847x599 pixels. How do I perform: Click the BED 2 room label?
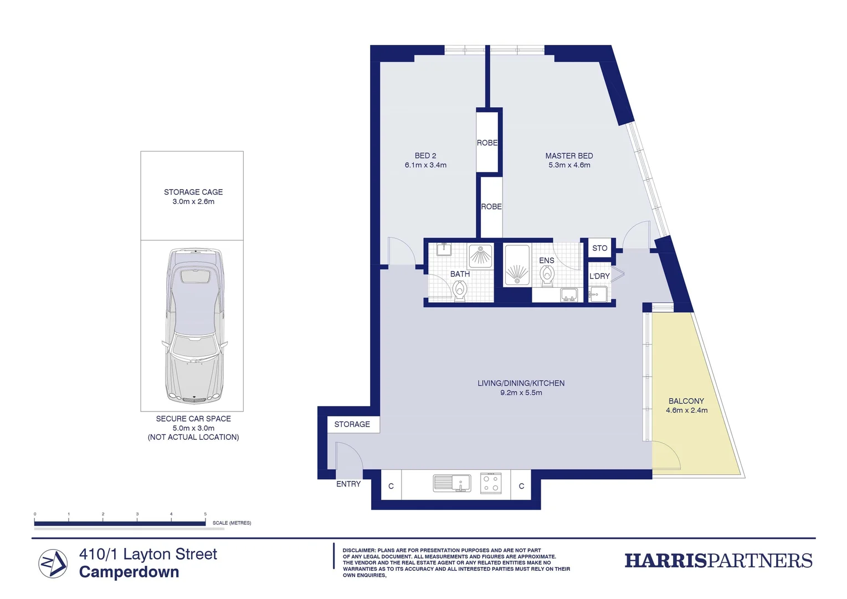(425, 156)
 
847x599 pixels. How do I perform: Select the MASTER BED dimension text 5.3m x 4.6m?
(569, 165)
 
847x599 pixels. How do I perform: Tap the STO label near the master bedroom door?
(599, 248)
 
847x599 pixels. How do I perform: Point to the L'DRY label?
(599, 276)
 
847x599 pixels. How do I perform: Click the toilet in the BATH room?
(459, 290)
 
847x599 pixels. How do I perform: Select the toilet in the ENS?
(547, 275)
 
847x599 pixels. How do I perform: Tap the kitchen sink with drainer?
(451, 483)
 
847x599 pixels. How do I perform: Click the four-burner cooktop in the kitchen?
(490, 483)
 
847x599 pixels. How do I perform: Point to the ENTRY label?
(348, 484)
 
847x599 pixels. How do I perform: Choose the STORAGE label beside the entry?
(352, 424)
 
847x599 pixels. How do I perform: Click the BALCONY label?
(686, 401)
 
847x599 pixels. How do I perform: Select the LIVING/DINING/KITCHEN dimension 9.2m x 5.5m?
(521, 393)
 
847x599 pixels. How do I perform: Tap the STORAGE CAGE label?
(193, 192)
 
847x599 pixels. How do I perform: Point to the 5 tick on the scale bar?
(205, 515)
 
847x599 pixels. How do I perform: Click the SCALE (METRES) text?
(232, 523)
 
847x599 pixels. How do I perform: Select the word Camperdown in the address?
(129, 572)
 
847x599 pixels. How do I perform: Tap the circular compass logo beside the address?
(53, 564)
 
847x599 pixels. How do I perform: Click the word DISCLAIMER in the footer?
(358, 551)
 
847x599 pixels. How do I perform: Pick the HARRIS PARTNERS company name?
(718, 561)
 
